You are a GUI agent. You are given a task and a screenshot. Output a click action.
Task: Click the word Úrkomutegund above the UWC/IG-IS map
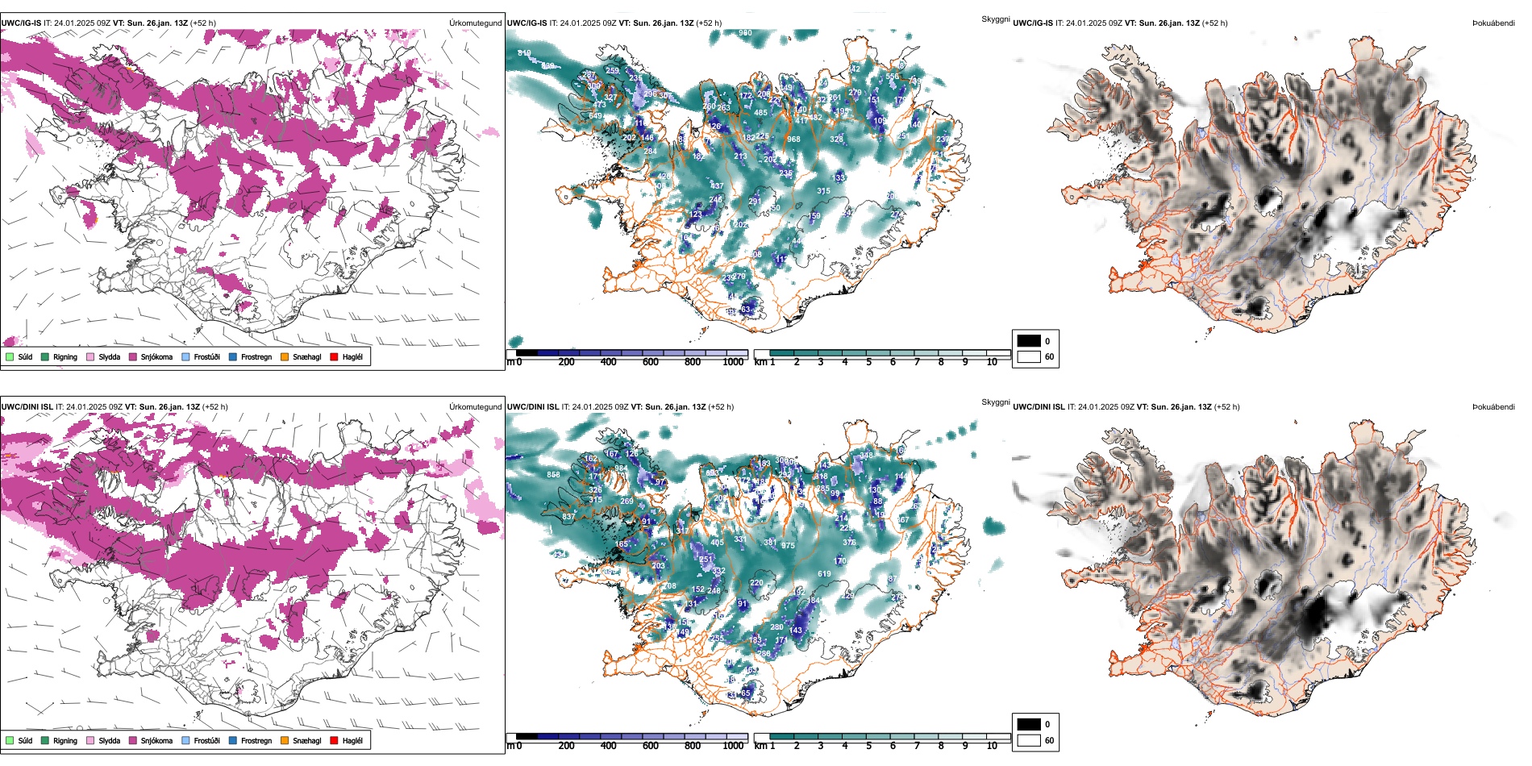point(475,23)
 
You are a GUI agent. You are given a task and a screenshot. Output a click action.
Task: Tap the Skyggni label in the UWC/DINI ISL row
point(995,402)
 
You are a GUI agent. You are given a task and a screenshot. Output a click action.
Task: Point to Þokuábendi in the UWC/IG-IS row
point(1493,23)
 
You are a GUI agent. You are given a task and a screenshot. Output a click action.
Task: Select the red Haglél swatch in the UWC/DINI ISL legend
point(334,740)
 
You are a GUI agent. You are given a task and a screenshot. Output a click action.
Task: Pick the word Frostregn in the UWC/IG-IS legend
point(256,356)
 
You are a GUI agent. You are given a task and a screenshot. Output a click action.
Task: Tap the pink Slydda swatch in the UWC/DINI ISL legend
point(90,740)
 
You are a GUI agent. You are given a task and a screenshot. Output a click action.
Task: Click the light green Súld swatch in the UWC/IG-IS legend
point(10,356)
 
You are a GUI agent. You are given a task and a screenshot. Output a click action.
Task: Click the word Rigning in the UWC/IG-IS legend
point(65,356)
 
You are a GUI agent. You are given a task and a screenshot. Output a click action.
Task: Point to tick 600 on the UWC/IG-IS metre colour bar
point(651,362)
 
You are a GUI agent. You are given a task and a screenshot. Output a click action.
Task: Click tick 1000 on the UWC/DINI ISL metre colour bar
point(733,746)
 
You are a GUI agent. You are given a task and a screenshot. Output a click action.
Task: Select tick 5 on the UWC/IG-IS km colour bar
point(868,362)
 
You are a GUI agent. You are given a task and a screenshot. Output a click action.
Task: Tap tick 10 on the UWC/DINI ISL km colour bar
point(992,746)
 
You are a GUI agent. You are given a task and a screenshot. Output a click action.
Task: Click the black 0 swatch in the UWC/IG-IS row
point(1028,341)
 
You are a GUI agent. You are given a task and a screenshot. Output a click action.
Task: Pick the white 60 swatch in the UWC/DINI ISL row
point(1028,740)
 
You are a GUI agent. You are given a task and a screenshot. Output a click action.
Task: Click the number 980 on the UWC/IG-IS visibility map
point(745,34)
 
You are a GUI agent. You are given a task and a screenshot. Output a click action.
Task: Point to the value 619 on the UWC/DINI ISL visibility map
point(824,574)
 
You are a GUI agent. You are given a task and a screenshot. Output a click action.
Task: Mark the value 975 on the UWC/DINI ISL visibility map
point(788,546)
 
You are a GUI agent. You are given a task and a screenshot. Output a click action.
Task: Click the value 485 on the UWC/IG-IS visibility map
point(760,114)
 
